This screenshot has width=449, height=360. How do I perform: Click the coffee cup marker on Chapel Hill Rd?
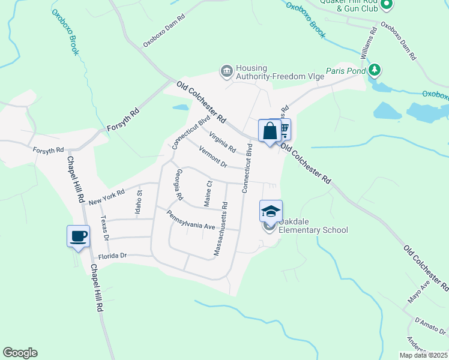78,236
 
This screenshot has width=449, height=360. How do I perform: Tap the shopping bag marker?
270,130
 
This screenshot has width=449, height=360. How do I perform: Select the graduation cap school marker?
270,211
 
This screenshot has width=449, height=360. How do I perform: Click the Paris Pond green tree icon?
375,70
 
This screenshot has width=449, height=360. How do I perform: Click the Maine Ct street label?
208,194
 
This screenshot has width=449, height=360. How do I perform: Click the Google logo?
20,353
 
